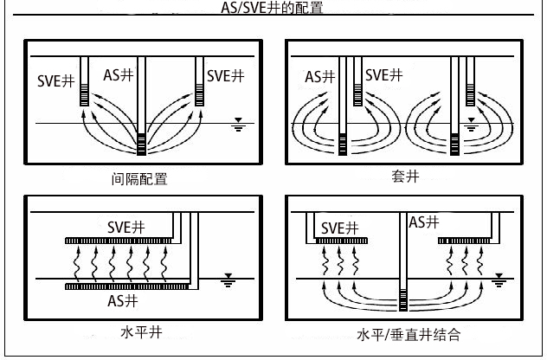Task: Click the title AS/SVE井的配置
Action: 273,8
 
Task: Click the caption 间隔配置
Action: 139,179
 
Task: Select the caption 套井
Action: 405,177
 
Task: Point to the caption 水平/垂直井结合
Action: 408,334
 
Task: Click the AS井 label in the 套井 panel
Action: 320,76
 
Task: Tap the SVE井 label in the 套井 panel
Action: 383,75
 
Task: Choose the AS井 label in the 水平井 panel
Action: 122,301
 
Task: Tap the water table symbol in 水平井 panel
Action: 228,280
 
